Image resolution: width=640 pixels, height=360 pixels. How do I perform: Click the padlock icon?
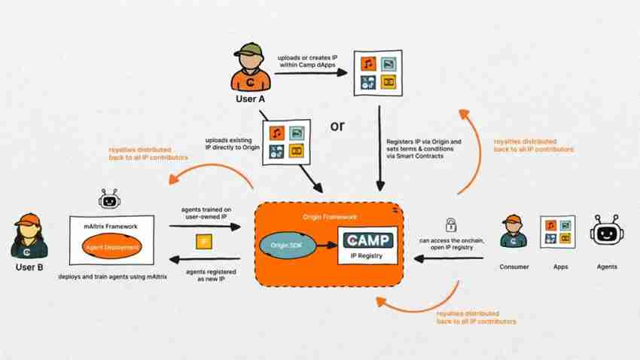tap(451, 224)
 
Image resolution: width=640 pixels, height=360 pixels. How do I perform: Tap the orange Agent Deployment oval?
tap(112, 246)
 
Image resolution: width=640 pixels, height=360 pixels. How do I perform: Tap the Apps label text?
tap(557, 266)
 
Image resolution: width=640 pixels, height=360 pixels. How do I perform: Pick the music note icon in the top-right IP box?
tap(368, 63)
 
